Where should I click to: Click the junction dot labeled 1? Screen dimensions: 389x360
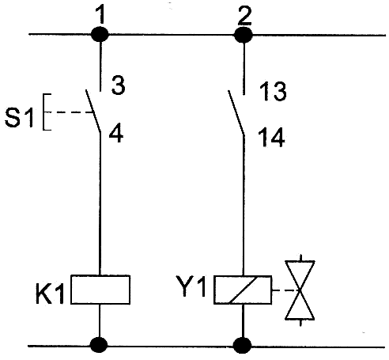coord(100,34)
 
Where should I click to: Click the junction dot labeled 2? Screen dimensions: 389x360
coord(244,35)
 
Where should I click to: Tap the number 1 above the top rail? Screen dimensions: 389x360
coord(100,15)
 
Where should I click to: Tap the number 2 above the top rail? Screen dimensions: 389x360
coord(245,16)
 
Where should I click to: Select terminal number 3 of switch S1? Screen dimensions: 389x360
coord(119,85)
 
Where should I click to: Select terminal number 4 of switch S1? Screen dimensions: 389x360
coord(116,134)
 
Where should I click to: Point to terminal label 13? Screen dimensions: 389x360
coord(273,91)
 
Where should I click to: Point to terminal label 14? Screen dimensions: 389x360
coord(271,137)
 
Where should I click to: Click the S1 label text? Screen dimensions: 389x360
coord(19,118)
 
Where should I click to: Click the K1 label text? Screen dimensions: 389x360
coord(50,294)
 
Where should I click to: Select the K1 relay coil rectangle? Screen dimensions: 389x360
coord(100,290)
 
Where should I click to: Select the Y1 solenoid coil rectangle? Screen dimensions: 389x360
coord(243,290)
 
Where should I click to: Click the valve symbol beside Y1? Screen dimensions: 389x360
coord(300,290)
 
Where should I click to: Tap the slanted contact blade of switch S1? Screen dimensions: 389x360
coord(93,111)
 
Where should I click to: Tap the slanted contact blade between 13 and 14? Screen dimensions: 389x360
coord(236,113)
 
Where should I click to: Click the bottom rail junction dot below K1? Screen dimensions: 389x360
coord(99,345)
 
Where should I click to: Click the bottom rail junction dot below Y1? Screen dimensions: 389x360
coord(243,346)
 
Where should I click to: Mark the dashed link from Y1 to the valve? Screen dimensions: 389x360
coord(286,290)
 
